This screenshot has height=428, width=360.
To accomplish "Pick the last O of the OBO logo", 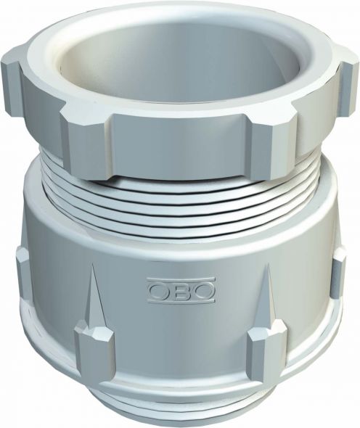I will (x=205, y=290).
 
